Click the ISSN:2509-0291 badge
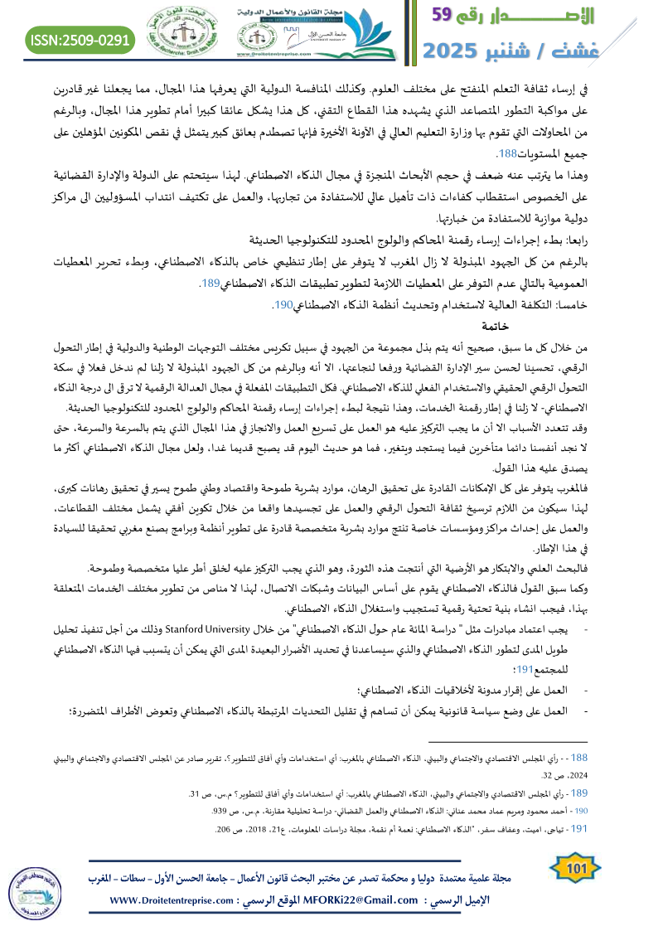80,39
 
